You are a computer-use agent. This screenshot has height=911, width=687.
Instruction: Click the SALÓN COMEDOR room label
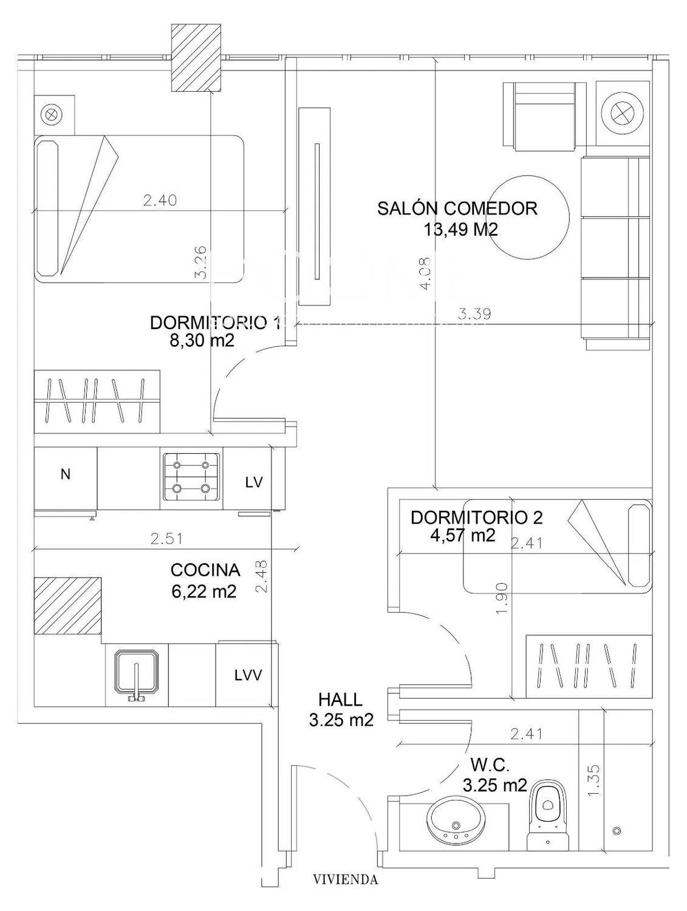click(x=457, y=208)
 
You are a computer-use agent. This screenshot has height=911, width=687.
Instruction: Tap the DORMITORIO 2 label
click(x=477, y=517)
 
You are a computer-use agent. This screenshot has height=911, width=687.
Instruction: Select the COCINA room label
click(x=205, y=570)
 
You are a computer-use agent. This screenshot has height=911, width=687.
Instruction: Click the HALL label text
click(x=340, y=700)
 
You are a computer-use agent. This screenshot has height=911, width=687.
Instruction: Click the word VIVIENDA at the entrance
click(x=345, y=879)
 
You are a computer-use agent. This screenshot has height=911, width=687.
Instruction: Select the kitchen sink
click(x=137, y=674)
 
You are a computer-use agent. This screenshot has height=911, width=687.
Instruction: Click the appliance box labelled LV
click(x=254, y=482)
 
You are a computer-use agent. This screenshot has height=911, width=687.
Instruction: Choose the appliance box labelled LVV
click(x=248, y=675)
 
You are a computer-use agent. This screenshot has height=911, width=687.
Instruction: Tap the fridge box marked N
click(x=66, y=475)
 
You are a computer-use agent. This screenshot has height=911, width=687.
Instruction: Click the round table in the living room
click(x=528, y=218)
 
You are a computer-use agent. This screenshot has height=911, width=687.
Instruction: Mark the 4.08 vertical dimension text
click(x=426, y=273)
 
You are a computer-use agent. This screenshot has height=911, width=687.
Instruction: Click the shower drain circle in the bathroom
click(x=617, y=830)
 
